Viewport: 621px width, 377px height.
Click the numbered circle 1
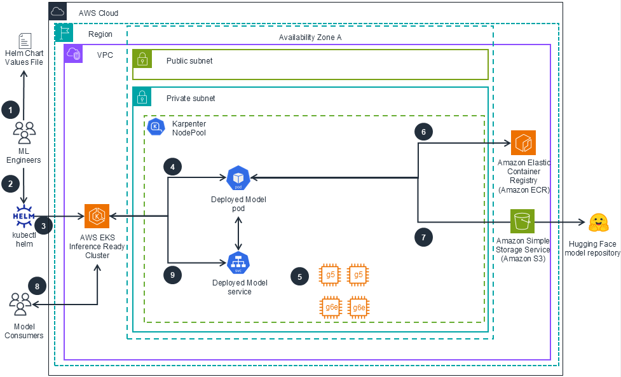10,109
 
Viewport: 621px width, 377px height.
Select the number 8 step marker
37,286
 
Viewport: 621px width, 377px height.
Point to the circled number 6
423,132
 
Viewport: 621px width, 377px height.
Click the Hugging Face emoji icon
598,222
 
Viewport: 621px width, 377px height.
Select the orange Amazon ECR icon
523,143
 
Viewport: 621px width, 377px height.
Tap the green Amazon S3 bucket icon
523,222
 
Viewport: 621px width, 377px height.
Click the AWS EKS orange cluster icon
97,216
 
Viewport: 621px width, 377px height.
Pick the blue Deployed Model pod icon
238,178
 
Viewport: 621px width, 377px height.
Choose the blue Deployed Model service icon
238,263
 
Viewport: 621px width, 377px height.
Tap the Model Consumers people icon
20,303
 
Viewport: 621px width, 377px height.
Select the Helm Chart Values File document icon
25,41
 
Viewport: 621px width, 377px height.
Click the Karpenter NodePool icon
156,127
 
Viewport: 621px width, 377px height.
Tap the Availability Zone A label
310,38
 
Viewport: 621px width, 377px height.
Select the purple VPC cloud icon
74,55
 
